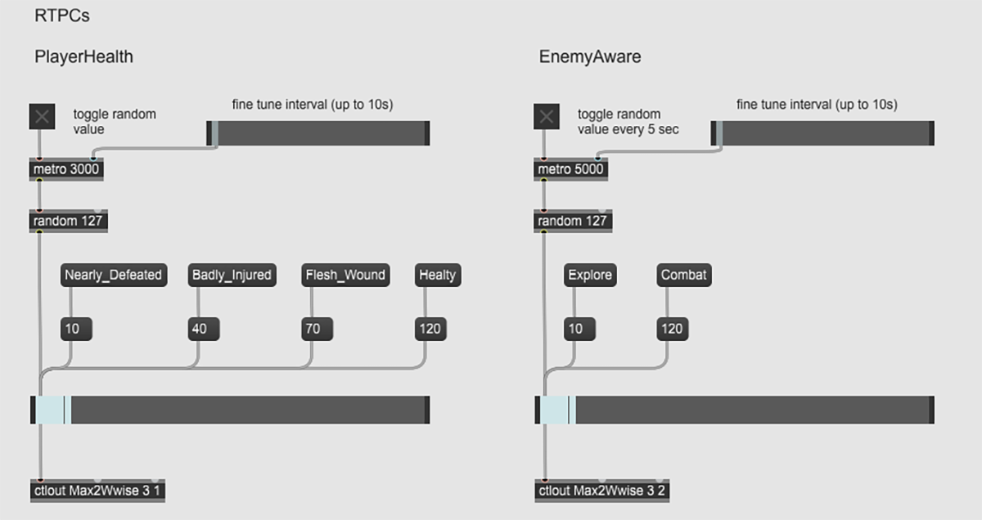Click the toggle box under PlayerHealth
43,117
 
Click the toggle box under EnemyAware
547,117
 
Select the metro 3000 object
66,169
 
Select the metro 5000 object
571,169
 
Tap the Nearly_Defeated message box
114,275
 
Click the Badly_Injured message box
232,275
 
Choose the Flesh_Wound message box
345,275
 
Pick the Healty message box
438,275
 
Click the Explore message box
590,275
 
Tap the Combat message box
684,275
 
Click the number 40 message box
199,329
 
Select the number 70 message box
313,329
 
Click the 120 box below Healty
430,329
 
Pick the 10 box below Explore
576,329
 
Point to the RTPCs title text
62,16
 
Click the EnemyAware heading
590,56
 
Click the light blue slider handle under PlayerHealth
53,410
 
